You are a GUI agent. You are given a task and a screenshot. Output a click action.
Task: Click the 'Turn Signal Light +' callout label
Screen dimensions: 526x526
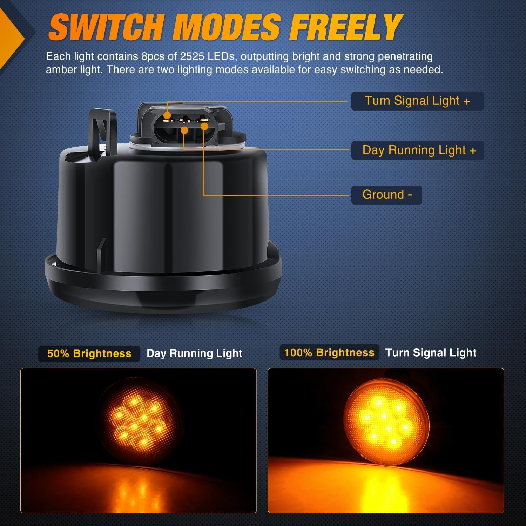417,101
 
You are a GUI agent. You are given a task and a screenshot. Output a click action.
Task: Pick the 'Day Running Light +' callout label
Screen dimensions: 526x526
417,150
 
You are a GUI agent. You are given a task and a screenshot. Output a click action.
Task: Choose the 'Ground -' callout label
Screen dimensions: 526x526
386,195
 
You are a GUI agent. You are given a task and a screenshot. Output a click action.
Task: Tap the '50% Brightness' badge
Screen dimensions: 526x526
89,353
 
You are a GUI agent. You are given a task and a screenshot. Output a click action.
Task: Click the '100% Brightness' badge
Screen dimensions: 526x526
329,353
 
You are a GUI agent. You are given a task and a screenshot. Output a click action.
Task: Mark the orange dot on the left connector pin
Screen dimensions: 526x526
167,115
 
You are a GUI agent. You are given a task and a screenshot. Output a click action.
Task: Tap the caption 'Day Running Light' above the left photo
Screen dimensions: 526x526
194,353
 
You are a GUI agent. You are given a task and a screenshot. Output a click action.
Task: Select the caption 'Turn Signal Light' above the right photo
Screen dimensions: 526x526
431,353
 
